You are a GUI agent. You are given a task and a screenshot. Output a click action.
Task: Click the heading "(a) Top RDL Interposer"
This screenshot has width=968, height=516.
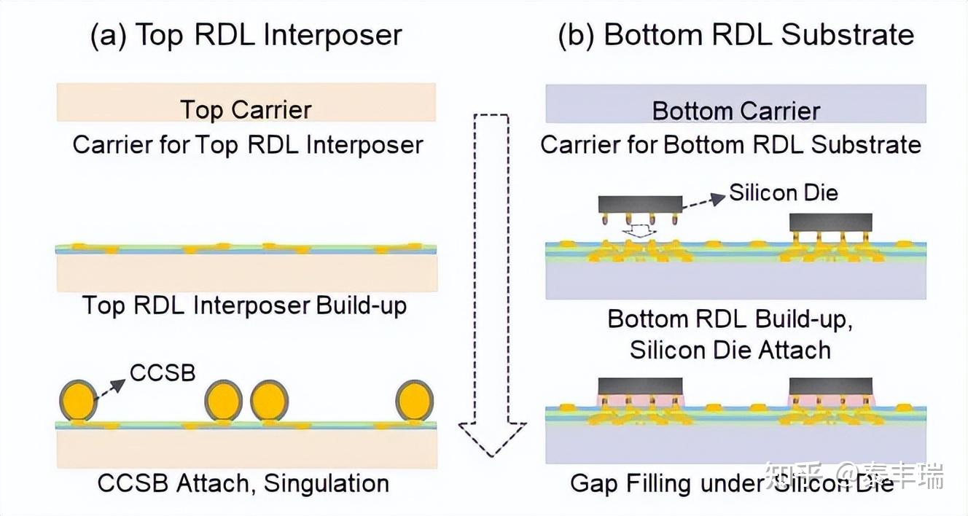click(246, 35)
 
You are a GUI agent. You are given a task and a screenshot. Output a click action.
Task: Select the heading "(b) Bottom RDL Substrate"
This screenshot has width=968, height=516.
click(735, 35)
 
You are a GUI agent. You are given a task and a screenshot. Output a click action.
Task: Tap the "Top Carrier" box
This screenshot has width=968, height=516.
click(246, 103)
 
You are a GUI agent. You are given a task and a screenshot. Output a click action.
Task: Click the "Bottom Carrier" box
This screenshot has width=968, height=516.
click(735, 103)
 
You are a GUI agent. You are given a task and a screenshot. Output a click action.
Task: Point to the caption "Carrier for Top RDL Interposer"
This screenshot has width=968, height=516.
click(247, 144)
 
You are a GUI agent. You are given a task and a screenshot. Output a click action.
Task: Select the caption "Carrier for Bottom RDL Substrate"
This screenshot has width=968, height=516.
click(730, 144)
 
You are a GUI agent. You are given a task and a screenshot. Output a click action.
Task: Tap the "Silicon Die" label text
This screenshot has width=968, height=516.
click(784, 192)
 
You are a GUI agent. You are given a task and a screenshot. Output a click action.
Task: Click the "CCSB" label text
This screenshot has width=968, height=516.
click(163, 372)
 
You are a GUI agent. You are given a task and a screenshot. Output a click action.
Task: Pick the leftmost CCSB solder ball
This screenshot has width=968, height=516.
click(78, 400)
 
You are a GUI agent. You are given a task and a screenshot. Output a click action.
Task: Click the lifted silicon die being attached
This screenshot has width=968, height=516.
click(639, 204)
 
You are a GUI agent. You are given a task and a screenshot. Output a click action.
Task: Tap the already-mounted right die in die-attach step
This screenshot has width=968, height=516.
click(831, 222)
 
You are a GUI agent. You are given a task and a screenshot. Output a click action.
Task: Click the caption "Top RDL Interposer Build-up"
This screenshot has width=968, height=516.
click(244, 305)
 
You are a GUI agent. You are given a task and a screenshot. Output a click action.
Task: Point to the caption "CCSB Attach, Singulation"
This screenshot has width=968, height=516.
click(243, 482)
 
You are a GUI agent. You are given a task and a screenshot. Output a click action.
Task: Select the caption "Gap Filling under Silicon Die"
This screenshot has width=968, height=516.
click(732, 482)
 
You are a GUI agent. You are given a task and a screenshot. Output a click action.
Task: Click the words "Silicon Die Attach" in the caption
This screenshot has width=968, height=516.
click(730, 350)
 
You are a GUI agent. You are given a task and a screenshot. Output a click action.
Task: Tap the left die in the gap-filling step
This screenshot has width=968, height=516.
click(639, 386)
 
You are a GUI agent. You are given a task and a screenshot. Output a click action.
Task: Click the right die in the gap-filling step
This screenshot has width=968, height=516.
click(831, 386)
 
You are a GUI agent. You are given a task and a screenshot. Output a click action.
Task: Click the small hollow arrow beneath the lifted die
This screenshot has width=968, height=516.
click(639, 231)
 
